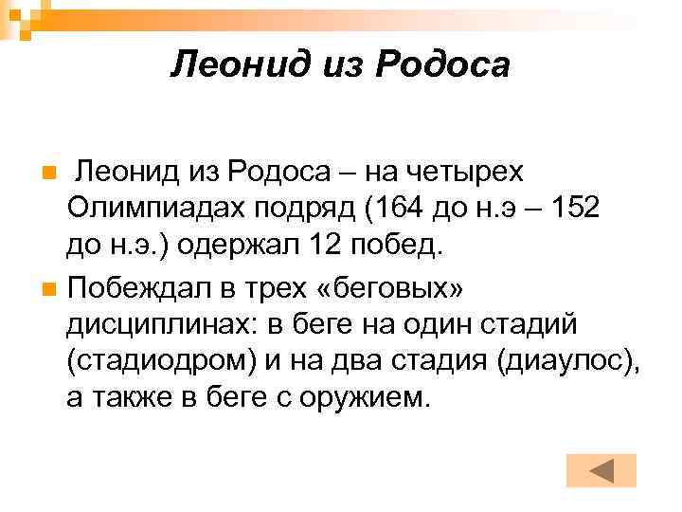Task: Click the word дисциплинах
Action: pos(160,322)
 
